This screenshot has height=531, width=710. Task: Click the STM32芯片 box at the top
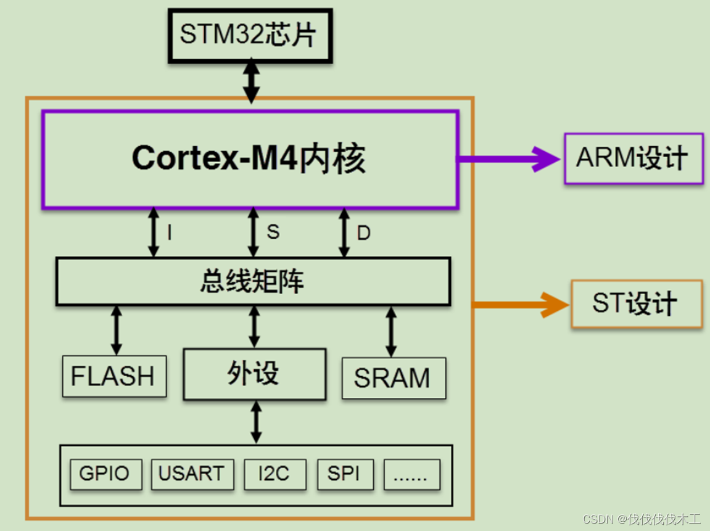click(250, 36)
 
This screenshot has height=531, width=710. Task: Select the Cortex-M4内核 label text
click(249, 158)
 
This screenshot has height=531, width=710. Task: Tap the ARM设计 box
click(634, 158)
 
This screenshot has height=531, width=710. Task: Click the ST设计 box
click(636, 303)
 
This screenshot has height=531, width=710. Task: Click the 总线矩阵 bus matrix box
click(253, 282)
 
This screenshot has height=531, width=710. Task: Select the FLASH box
click(114, 376)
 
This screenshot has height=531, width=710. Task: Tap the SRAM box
click(393, 377)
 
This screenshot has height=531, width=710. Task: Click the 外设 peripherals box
click(254, 374)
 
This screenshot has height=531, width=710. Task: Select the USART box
click(192, 474)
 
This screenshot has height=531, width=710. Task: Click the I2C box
click(275, 474)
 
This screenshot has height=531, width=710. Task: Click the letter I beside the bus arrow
click(169, 233)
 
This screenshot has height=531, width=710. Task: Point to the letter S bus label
click(273, 232)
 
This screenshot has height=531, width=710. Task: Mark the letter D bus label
click(364, 233)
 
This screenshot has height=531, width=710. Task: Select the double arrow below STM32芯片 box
click(251, 80)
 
